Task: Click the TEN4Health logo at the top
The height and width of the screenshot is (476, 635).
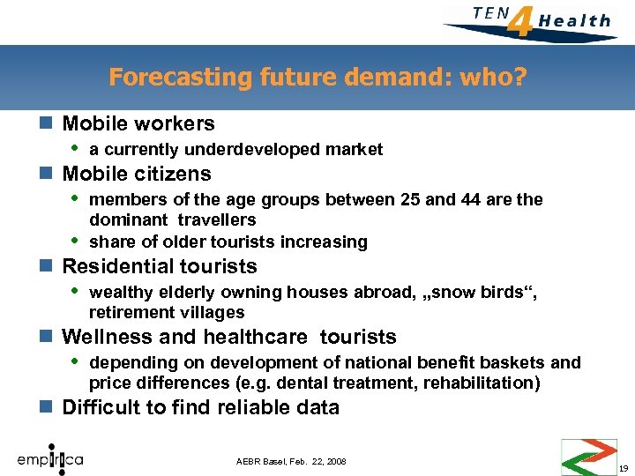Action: tap(529, 20)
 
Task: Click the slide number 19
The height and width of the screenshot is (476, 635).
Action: tap(624, 468)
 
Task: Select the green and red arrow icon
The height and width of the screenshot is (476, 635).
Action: tap(589, 456)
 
